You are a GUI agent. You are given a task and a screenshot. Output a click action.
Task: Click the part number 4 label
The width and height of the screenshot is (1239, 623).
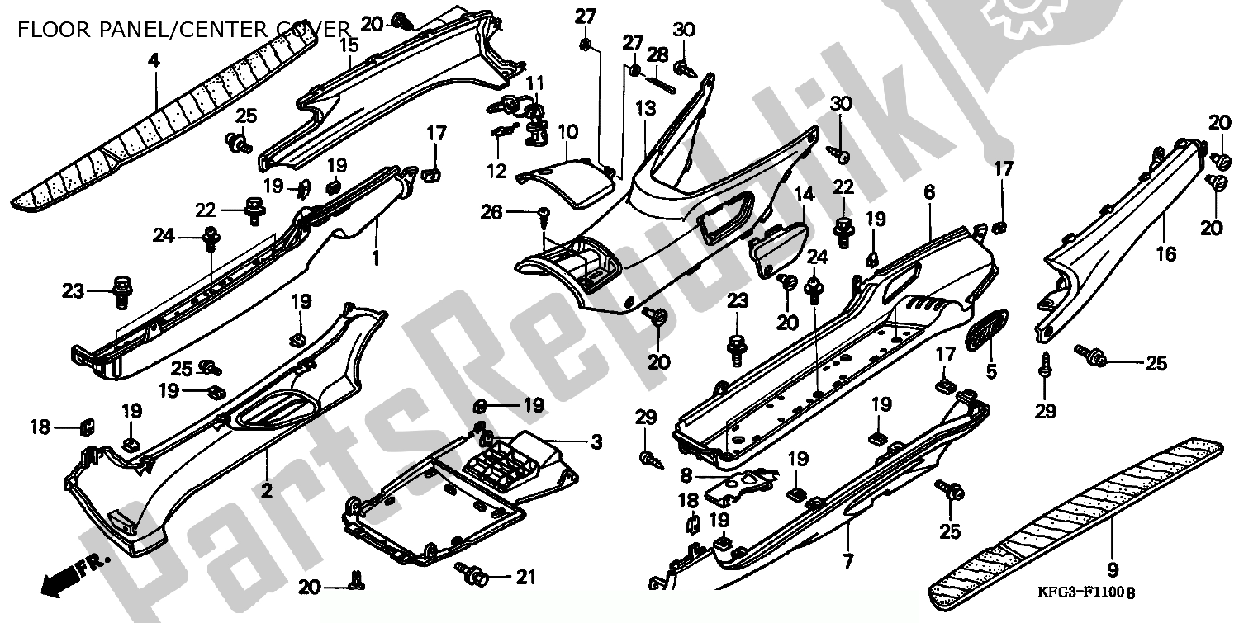click(x=152, y=59)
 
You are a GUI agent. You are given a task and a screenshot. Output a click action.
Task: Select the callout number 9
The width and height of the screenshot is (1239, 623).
click(x=1112, y=569)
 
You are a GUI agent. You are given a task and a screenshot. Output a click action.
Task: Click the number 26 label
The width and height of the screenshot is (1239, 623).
click(x=493, y=212)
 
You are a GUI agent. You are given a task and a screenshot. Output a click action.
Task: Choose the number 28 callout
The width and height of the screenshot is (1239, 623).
click(x=657, y=54)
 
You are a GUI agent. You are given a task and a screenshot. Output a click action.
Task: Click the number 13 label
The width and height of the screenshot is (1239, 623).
click(x=645, y=109)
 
